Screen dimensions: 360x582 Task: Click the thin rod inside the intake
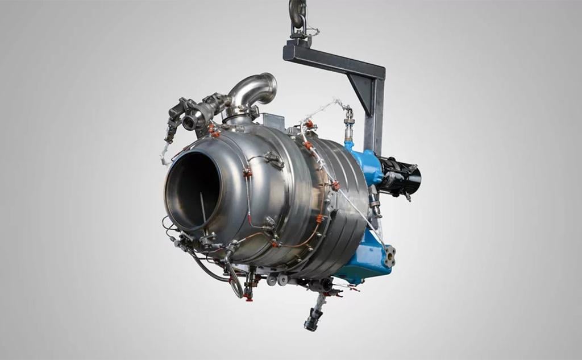[202, 208]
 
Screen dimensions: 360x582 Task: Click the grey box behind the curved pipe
[273, 120]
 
